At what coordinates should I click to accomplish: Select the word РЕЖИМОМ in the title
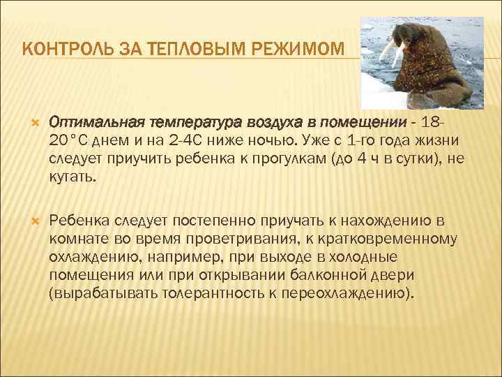(301, 50)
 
